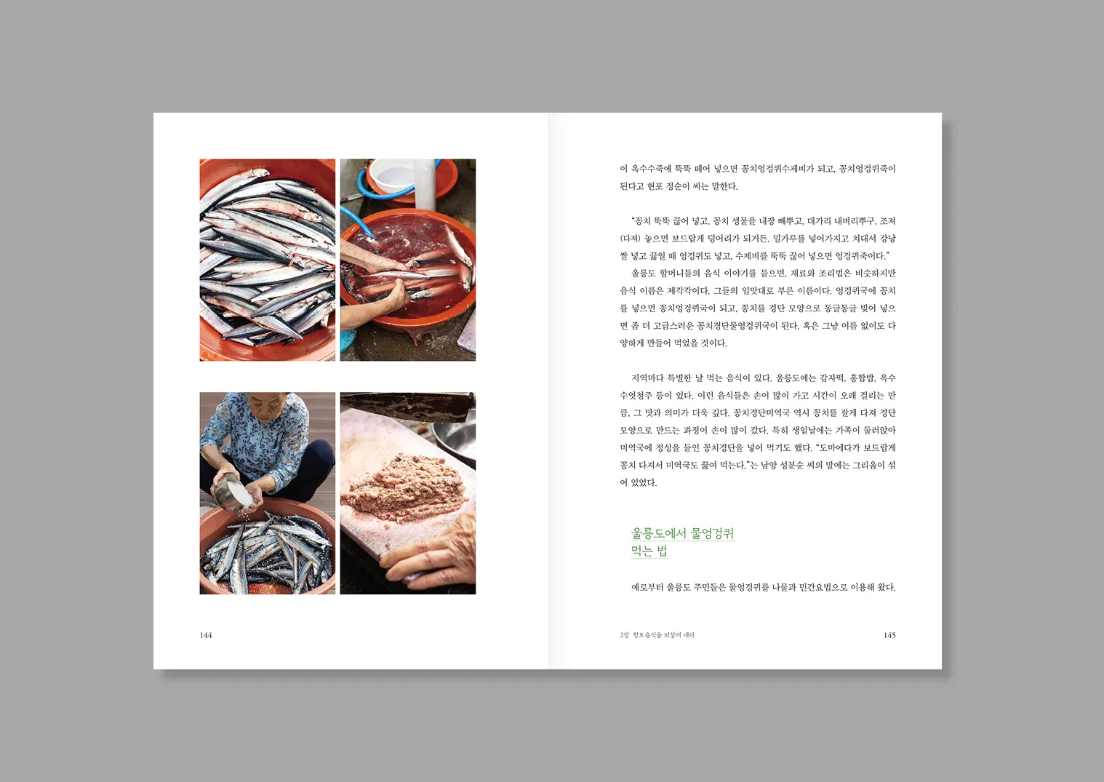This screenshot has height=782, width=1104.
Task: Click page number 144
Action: [x=206, y=635]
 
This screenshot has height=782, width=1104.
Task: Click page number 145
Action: [x=889, y=635]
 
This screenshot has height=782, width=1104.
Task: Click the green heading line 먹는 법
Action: [x=649, y=551]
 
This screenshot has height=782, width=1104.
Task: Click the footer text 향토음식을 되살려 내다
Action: [x=664, y=635]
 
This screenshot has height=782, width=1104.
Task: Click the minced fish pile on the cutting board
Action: [x=404, y=487]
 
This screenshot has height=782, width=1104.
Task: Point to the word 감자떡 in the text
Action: [x=833, y=378]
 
